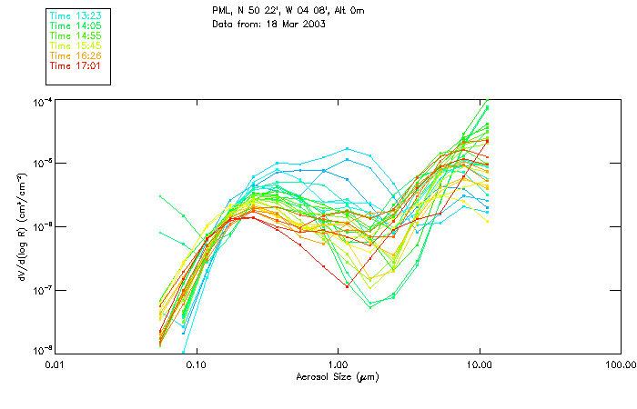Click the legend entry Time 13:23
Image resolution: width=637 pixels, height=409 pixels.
click(77, 15)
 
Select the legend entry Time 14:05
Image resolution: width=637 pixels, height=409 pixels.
click(77, 25)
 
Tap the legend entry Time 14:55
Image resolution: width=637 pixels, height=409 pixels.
click(77, 35)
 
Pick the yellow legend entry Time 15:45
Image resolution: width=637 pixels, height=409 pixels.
click(77, 45)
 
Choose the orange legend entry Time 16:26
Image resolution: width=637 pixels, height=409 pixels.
click(77, 55)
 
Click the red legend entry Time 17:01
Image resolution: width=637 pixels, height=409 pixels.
click(77, 65)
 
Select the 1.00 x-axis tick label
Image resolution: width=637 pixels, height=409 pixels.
click(338, 365)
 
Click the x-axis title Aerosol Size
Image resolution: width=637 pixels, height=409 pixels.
click(337, 377)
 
